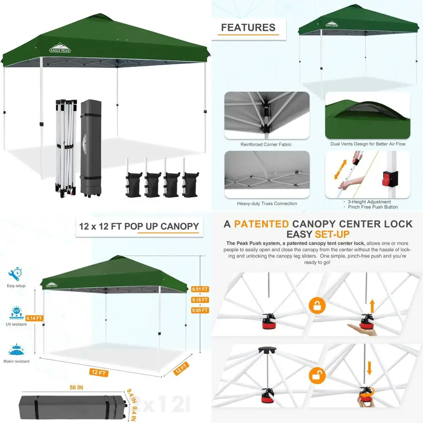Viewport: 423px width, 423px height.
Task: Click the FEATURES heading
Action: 248,28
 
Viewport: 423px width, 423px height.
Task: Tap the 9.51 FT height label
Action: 200,290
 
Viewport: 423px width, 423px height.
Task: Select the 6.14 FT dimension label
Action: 34,318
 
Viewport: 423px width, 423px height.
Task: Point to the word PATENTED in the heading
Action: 261,224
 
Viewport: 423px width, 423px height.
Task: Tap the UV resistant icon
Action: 16,313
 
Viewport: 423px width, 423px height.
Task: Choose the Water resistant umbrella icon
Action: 16,351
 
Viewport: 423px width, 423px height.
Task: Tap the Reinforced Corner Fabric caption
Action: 266,144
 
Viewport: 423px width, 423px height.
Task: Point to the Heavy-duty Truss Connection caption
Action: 267,203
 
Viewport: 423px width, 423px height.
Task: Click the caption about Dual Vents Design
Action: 368,144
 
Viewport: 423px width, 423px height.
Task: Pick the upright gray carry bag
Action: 91,148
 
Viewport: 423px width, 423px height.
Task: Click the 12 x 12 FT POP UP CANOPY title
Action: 139,226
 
